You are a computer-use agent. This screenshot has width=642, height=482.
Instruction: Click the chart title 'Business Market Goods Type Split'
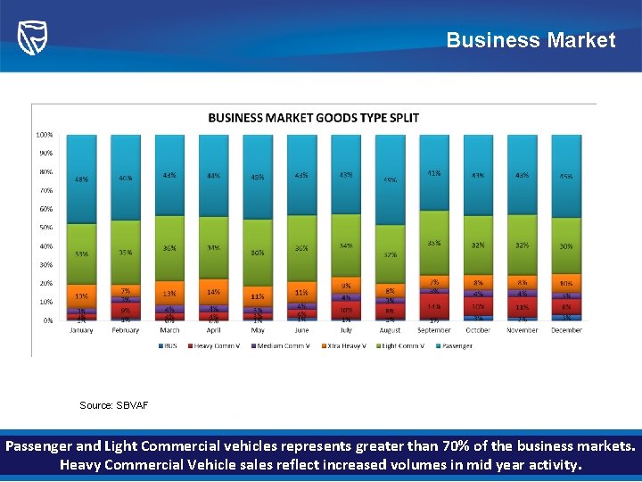click(x=313, y=118)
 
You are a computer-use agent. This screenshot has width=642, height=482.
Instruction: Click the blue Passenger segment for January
click(x=81, y=179)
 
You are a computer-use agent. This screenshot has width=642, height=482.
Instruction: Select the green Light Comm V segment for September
click(x=434, y=243)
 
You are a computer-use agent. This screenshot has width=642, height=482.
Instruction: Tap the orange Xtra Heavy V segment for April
click(x=213, y=292)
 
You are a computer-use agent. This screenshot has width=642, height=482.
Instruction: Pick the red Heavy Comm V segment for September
click(x=434, y=306)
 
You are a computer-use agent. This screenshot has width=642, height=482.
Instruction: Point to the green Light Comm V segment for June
click(x=301, y=247)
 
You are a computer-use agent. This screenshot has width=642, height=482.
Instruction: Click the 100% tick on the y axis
click(x=44, y=135)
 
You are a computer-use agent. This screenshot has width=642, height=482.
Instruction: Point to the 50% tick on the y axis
click(x=45, y=228)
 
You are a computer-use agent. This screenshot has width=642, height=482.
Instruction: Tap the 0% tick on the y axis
click(x=47, y=320)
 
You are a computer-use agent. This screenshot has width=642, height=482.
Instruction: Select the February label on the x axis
click(x=126, y=331)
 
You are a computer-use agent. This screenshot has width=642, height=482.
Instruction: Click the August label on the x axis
click(x=390, y=331)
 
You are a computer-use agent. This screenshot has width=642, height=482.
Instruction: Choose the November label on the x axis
click(x=523, y=331)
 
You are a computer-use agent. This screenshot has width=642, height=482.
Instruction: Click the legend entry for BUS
click(x=169, y=345)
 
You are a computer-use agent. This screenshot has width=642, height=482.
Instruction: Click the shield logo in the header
click(x=33, y=37)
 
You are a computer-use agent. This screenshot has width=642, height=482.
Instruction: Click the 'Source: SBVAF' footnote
click(x=114, y=405)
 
